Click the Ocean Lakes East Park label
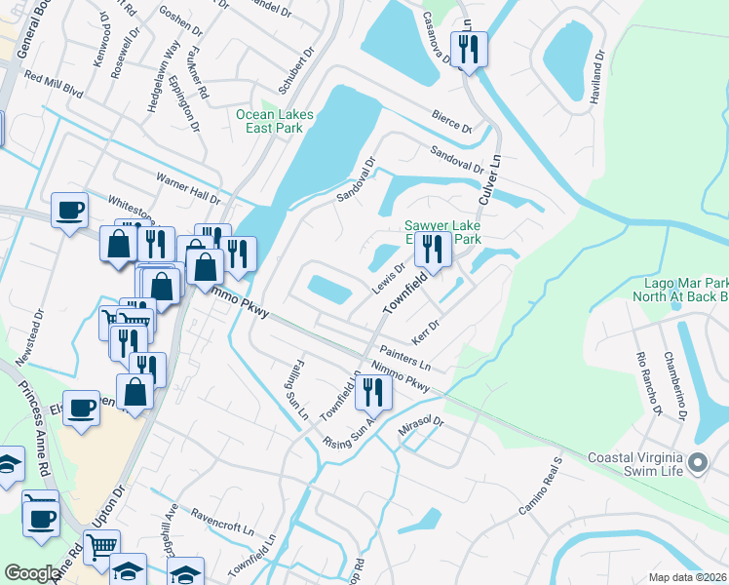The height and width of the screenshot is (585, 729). (x=275, y=121)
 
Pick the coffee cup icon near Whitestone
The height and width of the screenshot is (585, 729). (x=70, y=211)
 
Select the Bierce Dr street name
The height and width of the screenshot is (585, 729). (x=452, y=123)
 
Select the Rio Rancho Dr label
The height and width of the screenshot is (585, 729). (x=648, y=385)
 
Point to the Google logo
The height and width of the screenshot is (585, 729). (x=32, y=572)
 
